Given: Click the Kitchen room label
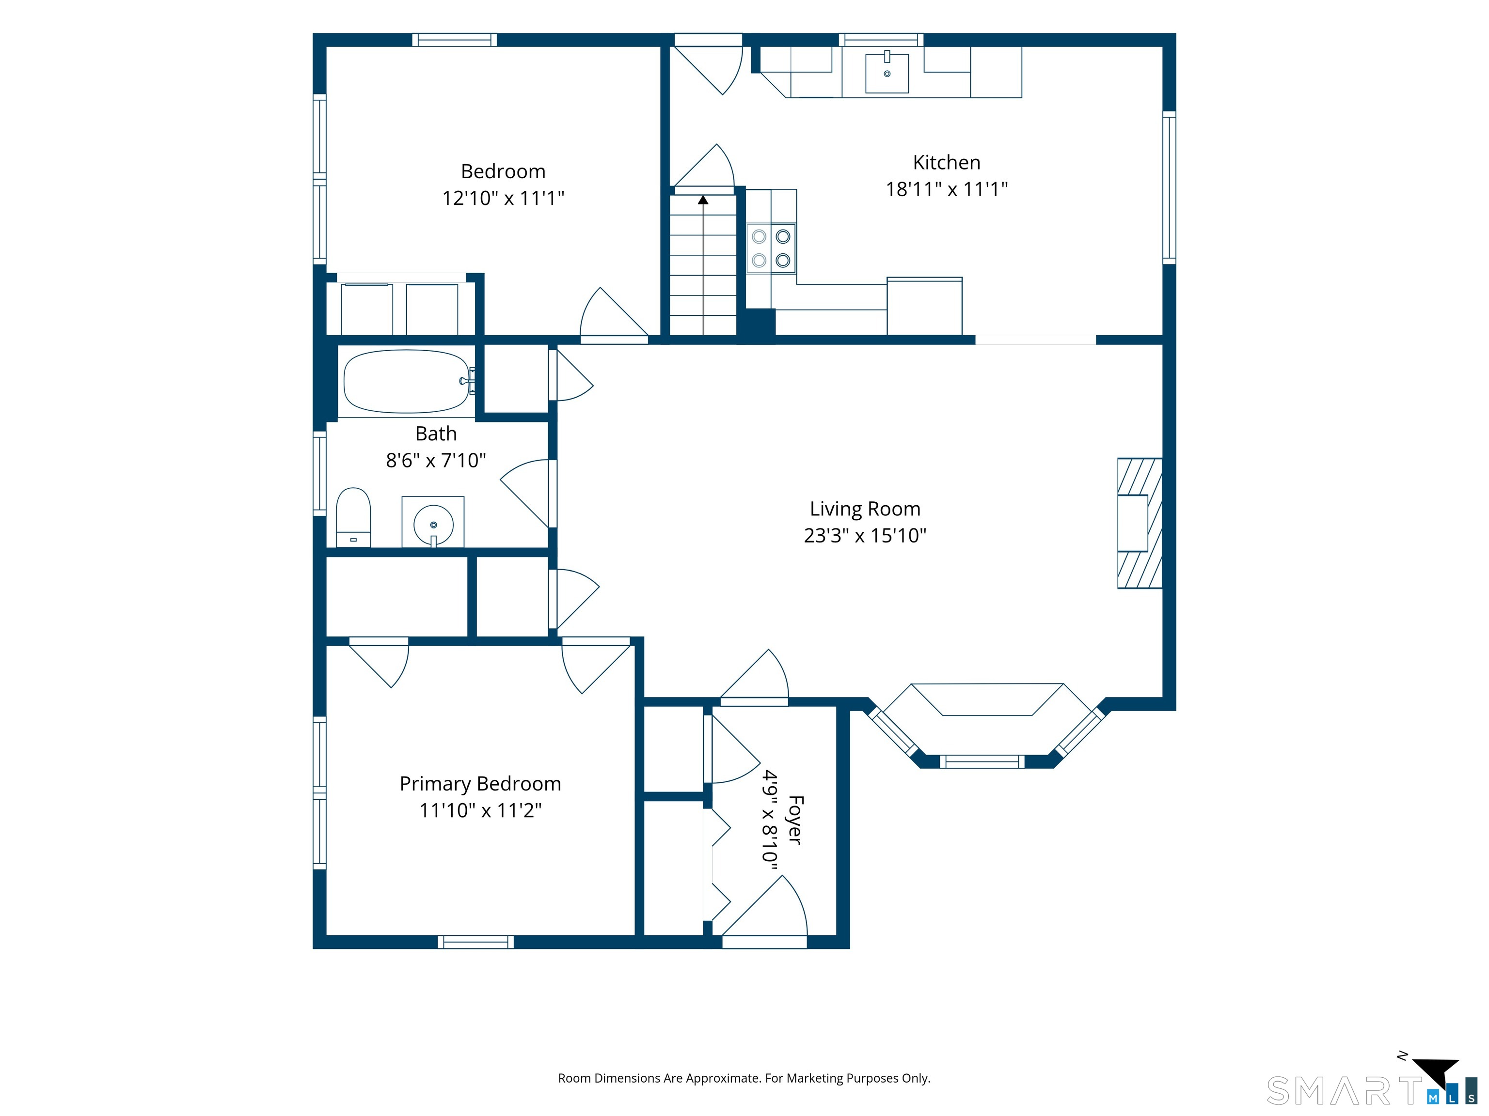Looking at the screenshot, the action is click(947, 162).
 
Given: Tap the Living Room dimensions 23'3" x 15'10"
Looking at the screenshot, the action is click(865, 535).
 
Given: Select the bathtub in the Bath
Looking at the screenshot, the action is click(407, 381).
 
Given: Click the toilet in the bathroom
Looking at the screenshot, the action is click(353, 517).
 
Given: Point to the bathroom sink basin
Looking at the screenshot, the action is click(433, 524).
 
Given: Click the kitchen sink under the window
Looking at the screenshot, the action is click(887, 72).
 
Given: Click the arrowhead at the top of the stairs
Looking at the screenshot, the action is click(703, 200).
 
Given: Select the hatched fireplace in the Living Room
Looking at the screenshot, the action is click(1140, 523).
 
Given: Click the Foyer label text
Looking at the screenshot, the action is click(795, 820).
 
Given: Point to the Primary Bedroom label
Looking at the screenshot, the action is click(480, 784).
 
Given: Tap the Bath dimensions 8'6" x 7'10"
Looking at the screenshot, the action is click(436, 461).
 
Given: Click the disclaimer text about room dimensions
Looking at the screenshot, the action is click(744, 1078).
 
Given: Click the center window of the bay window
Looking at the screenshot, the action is click(982, 761).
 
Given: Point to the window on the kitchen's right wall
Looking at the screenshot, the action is click(1169, 187).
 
